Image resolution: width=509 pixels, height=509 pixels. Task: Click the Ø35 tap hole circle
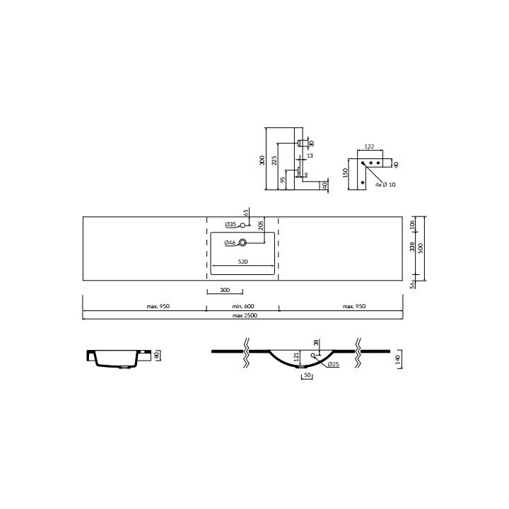click(x=242, y=225)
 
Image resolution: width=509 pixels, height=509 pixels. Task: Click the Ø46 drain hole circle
click(x=242, y=243)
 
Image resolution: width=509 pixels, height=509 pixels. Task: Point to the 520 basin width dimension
click(x=242, y=262)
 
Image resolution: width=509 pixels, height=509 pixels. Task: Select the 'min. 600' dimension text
click(x=242, y=306)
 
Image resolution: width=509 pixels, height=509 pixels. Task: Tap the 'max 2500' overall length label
click(x=242, y=315)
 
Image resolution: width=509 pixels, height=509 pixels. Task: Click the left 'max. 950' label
click(x=158, y=306)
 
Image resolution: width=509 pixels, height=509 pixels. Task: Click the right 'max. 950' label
click(x=355, y=306)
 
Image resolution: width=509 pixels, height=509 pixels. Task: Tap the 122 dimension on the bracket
click(x=369, y=147)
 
